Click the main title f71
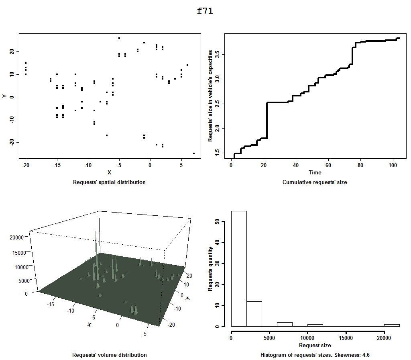[x=205, y=11]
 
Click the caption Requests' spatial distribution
[x=109, y=182]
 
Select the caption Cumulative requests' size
[x=315, y=182]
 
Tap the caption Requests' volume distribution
[x=109, y=355]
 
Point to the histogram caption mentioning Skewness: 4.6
[x=315, y=355]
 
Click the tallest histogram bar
[x=239, y=269]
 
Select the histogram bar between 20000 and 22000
[x=392, y=325]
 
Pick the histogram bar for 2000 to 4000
[x=254, y=313]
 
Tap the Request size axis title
[x=315, y=345]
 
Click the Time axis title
[x=315, y=172]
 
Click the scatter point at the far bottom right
[x=194, y=153]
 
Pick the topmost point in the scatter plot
[x=119, y=38]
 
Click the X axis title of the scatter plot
[x=109, y=172]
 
